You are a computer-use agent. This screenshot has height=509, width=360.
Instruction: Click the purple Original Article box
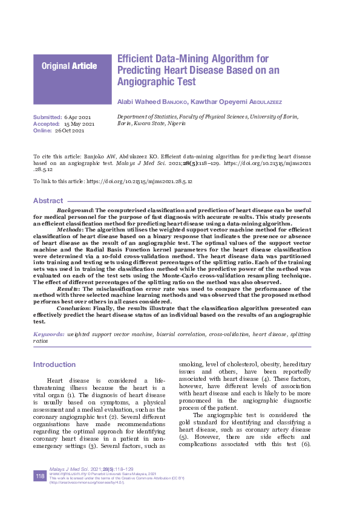pyautogui.click(x=73, y=79)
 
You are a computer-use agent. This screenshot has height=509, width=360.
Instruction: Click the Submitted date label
pyautogui.click(x=47, y=116)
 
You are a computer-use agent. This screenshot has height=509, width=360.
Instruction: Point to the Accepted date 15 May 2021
pyautogui.click(x=79, y=123)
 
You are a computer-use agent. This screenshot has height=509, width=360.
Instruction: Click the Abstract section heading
pyautogui.click(x=48, y=201)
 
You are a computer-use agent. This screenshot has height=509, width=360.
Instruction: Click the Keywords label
pyautogui.click(x=49, y=334)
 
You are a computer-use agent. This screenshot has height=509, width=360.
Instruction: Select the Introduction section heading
pyautogui.click(x=54, y=365)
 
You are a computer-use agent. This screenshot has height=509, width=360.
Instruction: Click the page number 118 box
pyautogui.click(x=41, y=477)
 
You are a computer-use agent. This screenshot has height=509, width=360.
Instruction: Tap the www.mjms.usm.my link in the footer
pyautogui.click(x=67, y=473)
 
